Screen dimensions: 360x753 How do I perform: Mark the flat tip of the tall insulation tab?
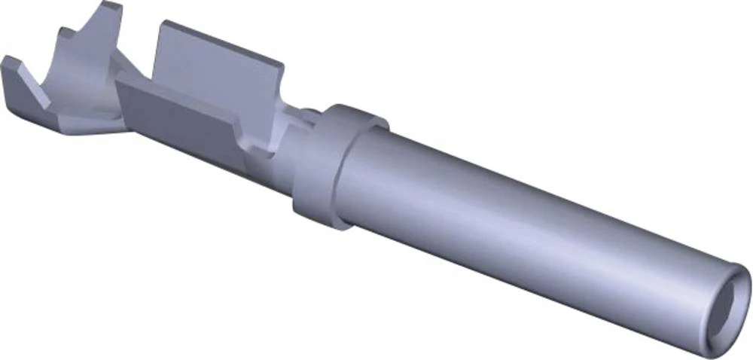[x=111, y=7]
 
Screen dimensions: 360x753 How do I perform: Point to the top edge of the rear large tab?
[x=218, y=41]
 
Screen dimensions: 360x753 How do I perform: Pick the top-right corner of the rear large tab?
[x=281, y=66]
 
